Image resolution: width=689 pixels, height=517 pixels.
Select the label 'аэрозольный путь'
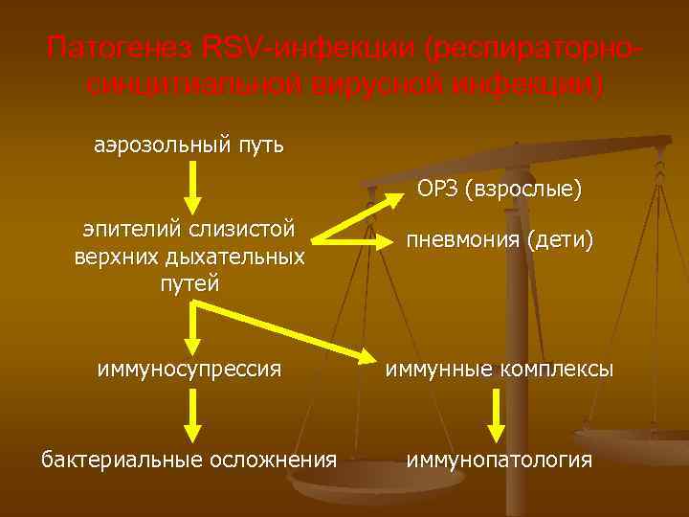pyautogui.click(x=189, y=146)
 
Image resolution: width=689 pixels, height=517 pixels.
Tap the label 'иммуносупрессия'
pyautogui.click(x=189, y=368)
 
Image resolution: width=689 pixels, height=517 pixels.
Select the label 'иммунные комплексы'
pyautogui.click(x=500, y=368)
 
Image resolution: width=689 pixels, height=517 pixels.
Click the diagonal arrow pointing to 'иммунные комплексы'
pyautogui.click(x=287, y=330)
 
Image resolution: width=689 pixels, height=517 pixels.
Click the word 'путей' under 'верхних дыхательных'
pyautogui.click(x=189, y=283)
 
